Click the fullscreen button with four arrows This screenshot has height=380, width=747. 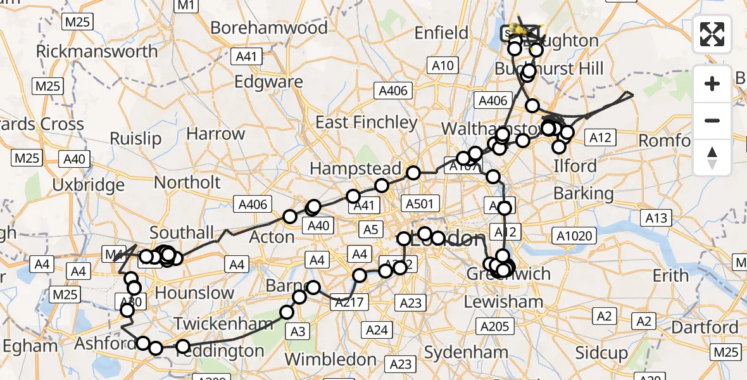point(712,34)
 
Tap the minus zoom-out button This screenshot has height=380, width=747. point(712,120)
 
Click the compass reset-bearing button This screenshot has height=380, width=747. point(712,158)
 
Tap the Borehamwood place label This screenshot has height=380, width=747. point(269,28)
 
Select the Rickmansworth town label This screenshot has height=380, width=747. point(97,51)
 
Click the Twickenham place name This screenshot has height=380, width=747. point(223,323)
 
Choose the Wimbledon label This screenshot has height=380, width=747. point(330,359)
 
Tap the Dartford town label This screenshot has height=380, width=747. point(705,327)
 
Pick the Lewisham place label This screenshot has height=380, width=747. point(503,302)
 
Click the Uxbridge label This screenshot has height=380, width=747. point(89,186)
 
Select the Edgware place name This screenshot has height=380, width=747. point(268,82)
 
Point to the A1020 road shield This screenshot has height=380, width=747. point(574,236)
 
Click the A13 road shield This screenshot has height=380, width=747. point(656,218)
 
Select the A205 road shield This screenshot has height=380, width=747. point(494,326)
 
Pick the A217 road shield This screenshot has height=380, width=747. point(348,302)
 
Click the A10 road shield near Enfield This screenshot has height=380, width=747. point(443,65)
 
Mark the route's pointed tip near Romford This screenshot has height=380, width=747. point(632,95)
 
